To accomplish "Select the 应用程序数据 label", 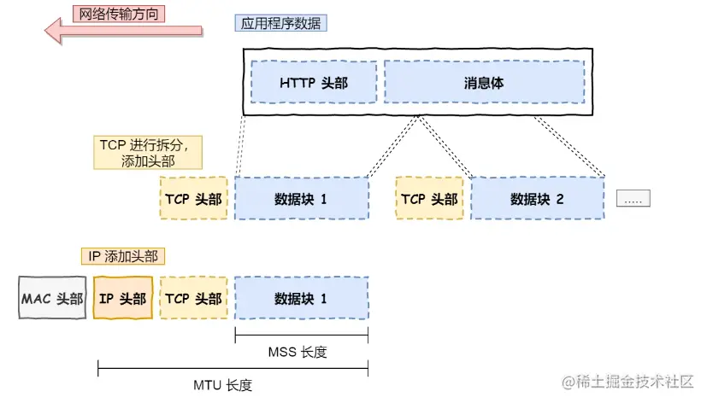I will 280,23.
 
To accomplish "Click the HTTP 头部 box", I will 314,84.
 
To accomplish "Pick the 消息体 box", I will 483,84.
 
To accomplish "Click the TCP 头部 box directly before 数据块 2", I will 429,199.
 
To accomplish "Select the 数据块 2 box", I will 537,199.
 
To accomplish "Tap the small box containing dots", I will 633,199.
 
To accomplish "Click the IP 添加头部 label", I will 123,255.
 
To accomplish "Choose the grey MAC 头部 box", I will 52,298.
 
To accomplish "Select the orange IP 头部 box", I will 122,298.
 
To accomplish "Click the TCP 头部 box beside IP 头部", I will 193,298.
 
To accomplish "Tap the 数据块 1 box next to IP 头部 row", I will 301,298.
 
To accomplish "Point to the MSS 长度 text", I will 300,352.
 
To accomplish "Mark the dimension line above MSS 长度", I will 301,335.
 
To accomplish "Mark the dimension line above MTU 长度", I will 233,369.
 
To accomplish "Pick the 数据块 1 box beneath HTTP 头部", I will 301,199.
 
